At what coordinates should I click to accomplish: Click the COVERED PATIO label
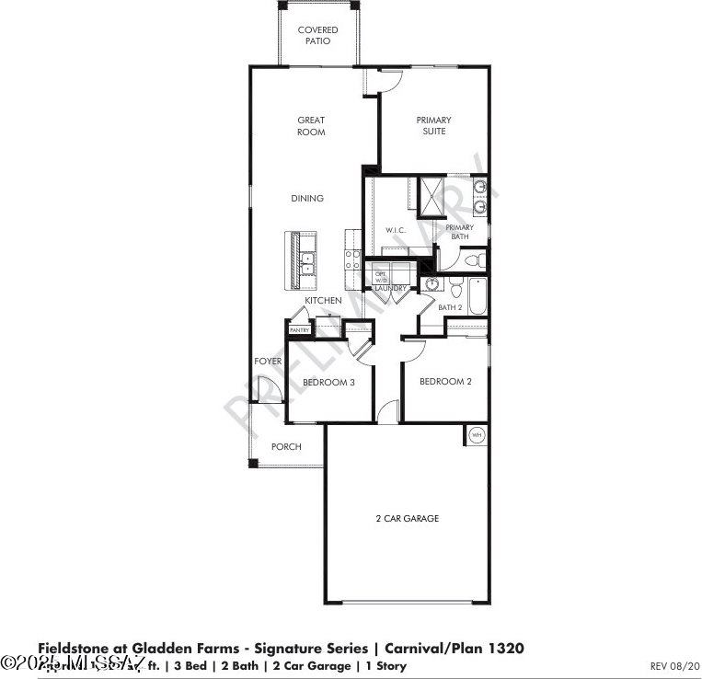coord(317,36)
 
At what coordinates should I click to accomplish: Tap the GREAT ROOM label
coord(311,126)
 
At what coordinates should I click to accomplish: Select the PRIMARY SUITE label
coord(434,126)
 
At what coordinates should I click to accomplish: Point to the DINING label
coord(307,199)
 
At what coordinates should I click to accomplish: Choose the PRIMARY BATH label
coord(460,232)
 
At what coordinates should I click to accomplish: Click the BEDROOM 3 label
coord(329,382)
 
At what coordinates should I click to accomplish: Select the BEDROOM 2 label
coord(445,382)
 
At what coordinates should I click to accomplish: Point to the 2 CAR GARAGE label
coord(407,519)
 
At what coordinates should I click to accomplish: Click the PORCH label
coord(285,447)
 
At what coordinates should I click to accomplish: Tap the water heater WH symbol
coord(477,435)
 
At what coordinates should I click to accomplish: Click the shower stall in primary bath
coord(432,195)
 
